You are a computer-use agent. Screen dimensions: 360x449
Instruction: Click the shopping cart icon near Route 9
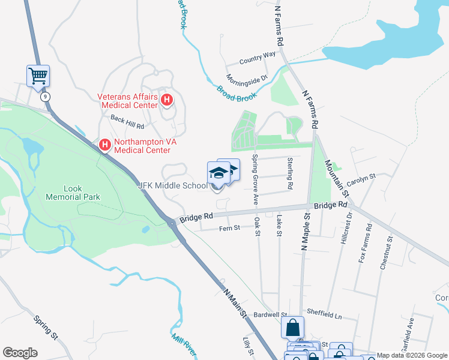coord(38,76)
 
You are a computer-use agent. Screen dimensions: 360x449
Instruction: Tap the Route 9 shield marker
coord(44,96)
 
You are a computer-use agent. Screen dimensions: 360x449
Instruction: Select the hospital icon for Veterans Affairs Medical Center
coord(167,100)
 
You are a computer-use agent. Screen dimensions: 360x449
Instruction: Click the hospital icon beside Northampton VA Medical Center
coord(104,145)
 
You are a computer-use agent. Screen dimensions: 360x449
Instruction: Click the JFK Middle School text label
coord(172,185)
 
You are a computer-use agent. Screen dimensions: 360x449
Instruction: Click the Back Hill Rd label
coord(127,123)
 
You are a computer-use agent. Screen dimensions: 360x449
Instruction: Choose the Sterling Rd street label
coord(290,173)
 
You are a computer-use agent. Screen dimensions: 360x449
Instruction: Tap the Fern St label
coord(229,228)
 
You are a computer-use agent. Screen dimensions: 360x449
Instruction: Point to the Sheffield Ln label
coord(324,314)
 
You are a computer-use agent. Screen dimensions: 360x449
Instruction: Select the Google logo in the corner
coord(20,353)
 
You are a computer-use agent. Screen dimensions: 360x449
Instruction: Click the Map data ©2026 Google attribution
coord(412,355)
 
